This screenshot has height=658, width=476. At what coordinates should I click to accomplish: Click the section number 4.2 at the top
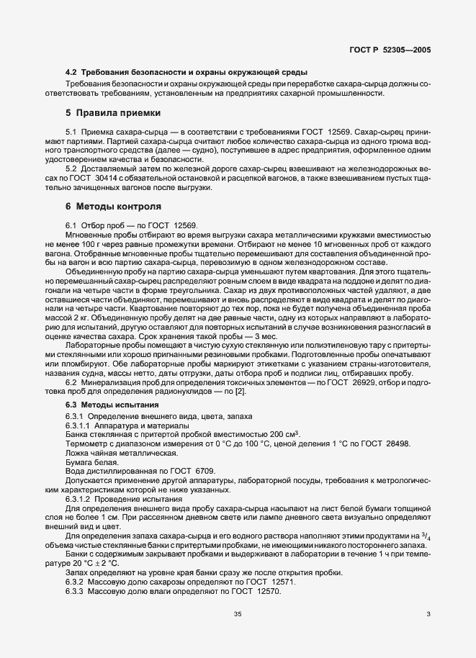coord(71,73)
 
